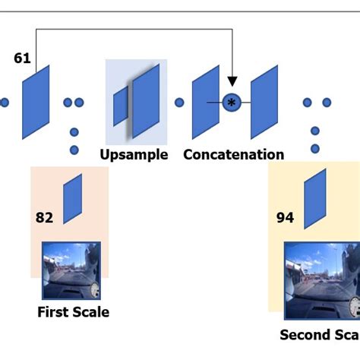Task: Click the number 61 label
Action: point(22,58)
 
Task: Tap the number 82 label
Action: point(44,218)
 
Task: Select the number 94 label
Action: point(285,218)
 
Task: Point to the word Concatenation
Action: point(234,155)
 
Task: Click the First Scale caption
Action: point(73,312)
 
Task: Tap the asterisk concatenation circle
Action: point(232,102)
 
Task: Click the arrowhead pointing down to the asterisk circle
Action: point(232,80)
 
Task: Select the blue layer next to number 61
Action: point(36,102)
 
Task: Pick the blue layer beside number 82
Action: point(72,199)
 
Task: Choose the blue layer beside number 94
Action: point(314,199)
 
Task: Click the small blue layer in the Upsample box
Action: point(121,106)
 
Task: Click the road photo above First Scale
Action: point(71,270)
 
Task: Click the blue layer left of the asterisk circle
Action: point(205,101)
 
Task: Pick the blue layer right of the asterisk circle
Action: point(265,102)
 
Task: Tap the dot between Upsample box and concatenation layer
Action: point(180,103)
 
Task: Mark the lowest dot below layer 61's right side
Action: point(74,150)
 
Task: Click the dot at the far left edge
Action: point(4,103)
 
